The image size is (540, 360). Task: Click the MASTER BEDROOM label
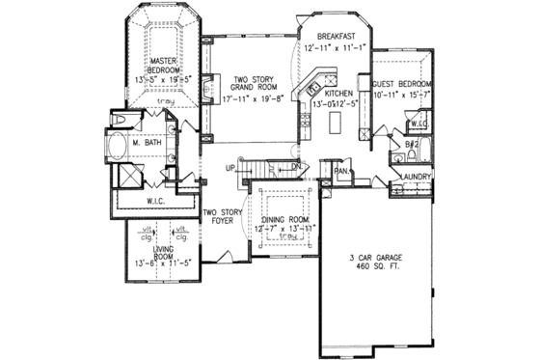coord(167,66)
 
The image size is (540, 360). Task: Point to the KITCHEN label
coord(340,85)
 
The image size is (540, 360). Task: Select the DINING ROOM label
coord(283,219)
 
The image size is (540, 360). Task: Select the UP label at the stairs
coord(230,169)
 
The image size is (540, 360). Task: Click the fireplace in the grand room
coord(209,93)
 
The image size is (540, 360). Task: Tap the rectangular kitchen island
coord(336,123)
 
